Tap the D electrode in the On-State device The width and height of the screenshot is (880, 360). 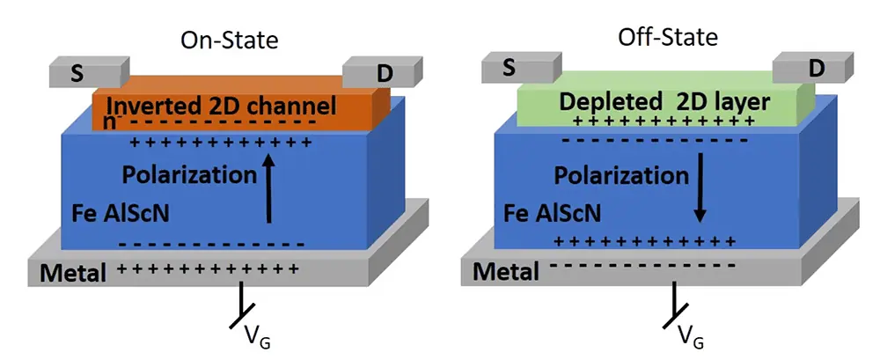(384, 74)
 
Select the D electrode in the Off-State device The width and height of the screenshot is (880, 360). (815, 67)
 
